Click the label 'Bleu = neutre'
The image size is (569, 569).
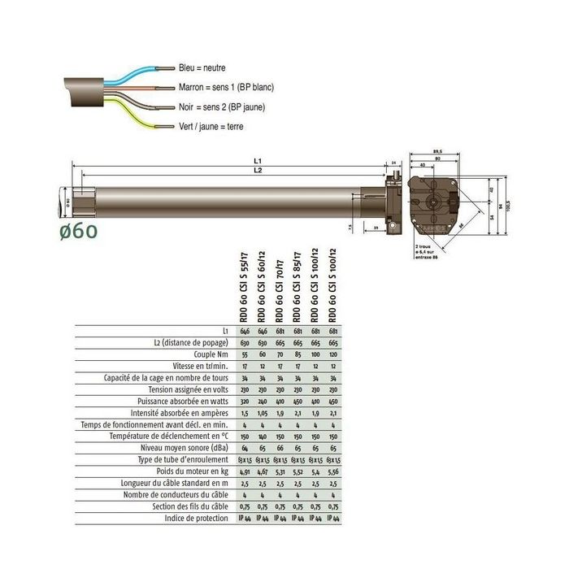pos(202,68)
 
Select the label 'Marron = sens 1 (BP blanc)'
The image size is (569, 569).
pos(225,88)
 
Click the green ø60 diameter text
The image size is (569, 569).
pos(79,231)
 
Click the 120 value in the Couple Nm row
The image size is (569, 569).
pos(333,355)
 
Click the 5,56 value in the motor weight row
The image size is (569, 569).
pos(333,471)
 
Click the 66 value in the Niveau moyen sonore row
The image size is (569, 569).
pos(280,448)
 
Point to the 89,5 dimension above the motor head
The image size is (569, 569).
pos(438,151)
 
